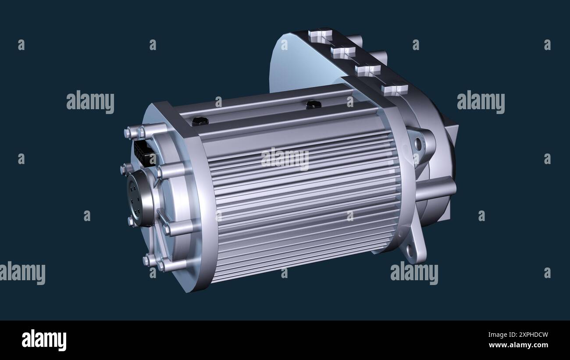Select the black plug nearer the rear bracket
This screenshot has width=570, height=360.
pyautogui.click(x=313, y=104)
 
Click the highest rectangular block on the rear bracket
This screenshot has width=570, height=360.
pyautogui.click(x=320, y=35)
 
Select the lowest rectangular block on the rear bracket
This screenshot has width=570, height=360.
pyautogui.click(x=394, y=89)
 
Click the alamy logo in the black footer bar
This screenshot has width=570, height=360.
pyautogui.click(x=44, y=340)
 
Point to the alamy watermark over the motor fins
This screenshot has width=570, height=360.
pyautogui.click(x=285, y=159)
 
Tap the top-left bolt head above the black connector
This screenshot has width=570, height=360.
pyautogui.click(x=130, y=132)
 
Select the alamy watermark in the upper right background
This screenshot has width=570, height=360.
pyautogui.click(x=481, y=102)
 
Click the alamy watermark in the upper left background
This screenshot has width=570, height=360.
pyautogui.click(x=90, y=102)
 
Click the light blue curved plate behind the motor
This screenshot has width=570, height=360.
pyautogui.click(x=298, y=66)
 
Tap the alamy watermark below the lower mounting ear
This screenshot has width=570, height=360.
pyautogui.click(x=414, y=273)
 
